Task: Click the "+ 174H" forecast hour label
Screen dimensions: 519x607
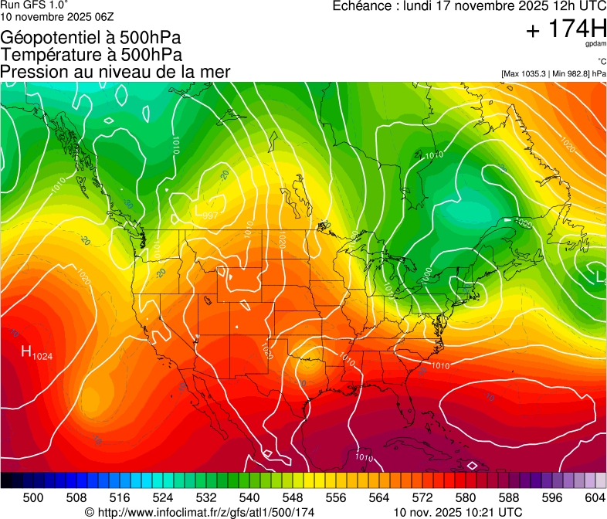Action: click(566, 29)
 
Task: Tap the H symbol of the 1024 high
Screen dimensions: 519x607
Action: click(26, 353)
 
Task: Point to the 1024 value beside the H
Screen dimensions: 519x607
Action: click(42, 356)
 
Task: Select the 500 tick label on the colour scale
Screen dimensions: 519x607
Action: click(33, 497)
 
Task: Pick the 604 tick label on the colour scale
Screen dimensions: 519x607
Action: click(595, 497)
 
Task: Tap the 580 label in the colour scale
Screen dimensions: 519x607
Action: click(466, 497)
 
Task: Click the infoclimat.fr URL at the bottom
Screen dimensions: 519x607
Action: click(210, 512)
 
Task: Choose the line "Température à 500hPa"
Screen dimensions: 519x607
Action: click(92, 55)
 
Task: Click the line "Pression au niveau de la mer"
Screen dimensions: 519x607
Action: click(116, 72)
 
